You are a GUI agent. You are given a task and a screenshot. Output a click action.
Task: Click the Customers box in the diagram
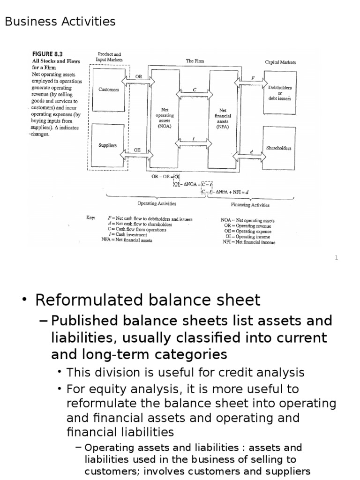pos(109,90)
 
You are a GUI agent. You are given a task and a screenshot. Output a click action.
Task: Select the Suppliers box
pos(108,145)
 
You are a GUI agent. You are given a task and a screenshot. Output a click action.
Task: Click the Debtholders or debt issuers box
pos(280,91)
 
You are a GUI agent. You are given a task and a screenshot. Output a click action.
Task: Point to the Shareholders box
pos(278,148)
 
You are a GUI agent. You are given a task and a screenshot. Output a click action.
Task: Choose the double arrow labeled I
pos(194,142)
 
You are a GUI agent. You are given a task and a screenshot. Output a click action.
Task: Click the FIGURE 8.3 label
pos(49,54)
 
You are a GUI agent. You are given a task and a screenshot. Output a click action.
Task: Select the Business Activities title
pos(60,22)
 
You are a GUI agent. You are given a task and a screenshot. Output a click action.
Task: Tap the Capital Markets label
pos(280,62)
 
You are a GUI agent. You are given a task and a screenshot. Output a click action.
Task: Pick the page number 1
pos(336,257)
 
